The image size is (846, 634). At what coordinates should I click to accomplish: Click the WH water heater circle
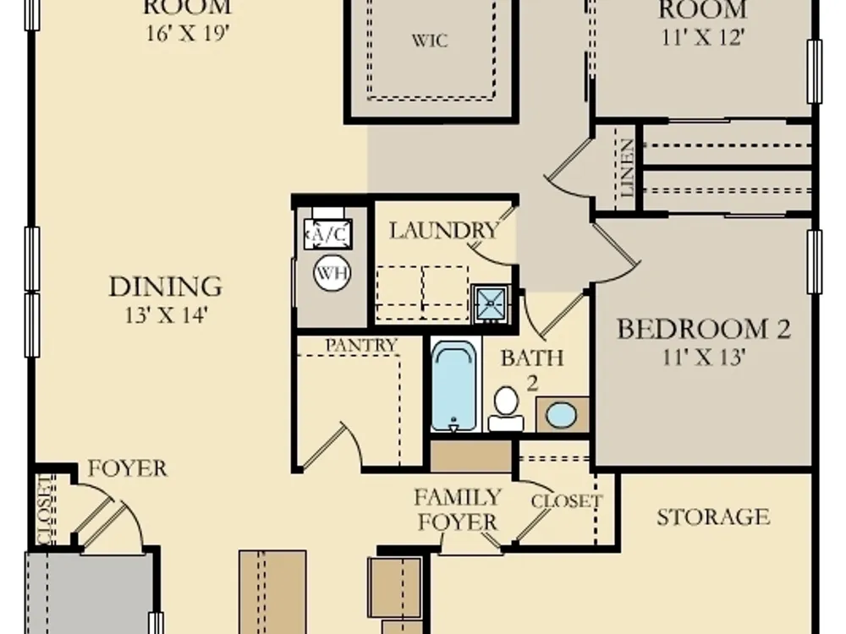click(x=332, y=273)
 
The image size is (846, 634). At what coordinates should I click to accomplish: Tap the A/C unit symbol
click(x=328, y=234)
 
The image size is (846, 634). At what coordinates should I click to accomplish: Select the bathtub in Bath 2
click(x=454, y=385)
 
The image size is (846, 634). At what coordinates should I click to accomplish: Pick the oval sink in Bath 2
click(x=561, y=415)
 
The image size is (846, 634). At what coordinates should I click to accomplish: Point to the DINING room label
click(x=166, y=287)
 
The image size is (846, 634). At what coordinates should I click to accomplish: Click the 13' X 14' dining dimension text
click(x=166, y=314)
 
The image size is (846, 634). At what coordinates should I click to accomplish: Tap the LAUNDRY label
click(x=443, y=231)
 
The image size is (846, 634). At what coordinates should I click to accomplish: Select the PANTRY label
click(x=361, y=345)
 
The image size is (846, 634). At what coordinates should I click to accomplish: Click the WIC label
click(x=430, y=41)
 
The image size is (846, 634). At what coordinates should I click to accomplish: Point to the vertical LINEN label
click(x=627, y=167)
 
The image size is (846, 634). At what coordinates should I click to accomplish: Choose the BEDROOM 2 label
click(x=704, y=329)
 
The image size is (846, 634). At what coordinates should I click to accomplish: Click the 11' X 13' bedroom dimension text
click(x=704, y=357)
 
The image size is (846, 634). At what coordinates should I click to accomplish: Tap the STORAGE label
click(x=713, y=517)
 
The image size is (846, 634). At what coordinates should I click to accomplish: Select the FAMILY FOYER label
click(x=458, y=510)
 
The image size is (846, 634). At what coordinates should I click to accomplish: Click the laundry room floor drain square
click(x=491, y=303)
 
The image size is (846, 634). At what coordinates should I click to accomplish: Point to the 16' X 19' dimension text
click(x=188, y=34)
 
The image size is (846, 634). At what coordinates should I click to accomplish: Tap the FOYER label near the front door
click(x=128, y=468)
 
